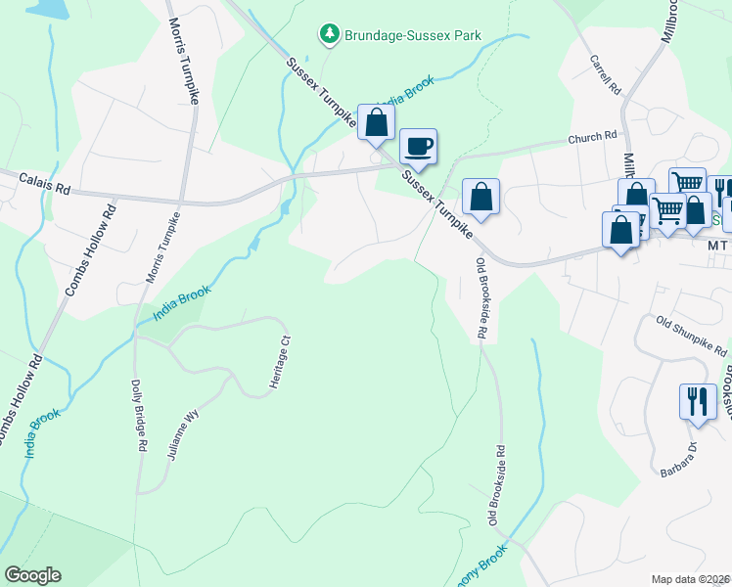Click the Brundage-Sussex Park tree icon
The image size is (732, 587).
tap(330, 34)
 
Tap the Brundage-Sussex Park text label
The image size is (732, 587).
tap(411, 35)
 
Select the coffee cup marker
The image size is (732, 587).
tap(418, 148)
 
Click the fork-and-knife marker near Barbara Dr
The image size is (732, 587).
tap(698, 401)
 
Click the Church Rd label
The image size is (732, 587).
tap(594, 138)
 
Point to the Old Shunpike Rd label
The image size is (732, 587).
tap(693, 337)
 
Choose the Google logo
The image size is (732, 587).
tap(32, 575)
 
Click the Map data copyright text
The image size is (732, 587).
tap(690, 579)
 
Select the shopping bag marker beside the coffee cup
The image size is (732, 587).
tap(376, 123)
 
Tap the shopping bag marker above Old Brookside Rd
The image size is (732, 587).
tap(480, 197)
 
